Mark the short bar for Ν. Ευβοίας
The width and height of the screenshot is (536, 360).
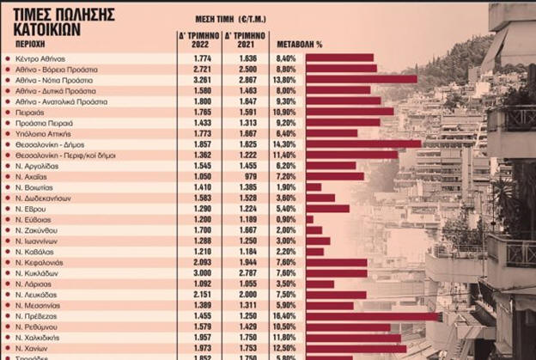coord(309,219)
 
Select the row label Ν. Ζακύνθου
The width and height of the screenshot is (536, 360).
coord(38,230)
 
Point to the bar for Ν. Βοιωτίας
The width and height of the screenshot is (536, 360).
coord(314,186)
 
